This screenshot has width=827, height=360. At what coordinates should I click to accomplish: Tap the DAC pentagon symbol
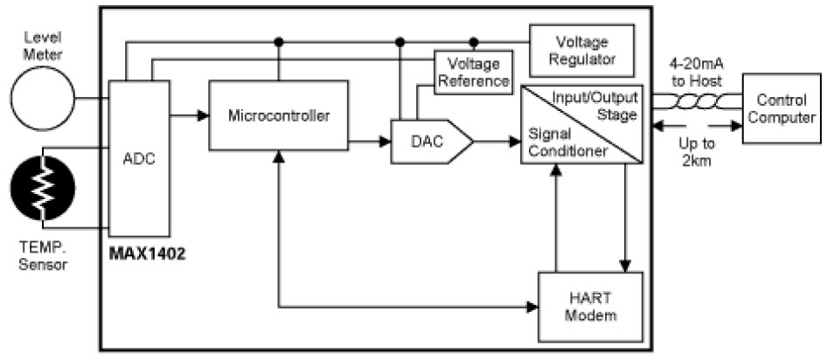click(x=429, y=140)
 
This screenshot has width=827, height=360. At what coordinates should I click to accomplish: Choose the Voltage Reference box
click(x=473, y=73)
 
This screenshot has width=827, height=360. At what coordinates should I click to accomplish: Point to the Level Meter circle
click(x=40, y=98)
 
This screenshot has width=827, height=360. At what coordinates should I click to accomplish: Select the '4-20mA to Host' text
click(x=696, y=73)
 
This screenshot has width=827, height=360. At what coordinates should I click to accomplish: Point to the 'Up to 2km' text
click(x=697, y=154)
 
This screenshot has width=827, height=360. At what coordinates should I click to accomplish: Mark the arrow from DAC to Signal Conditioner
click(x=497, y=139)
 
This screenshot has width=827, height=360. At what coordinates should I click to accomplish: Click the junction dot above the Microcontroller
click(x=279, y=41)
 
